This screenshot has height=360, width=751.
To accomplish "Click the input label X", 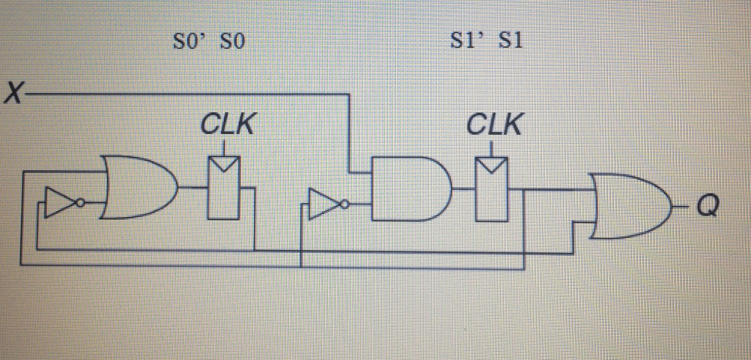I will [13, 95].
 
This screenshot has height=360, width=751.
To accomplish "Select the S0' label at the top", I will [186, 43].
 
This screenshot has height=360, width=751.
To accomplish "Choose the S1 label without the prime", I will [509, 42].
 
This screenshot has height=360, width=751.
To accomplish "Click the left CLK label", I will [227, 125].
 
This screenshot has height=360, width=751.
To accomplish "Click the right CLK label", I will [494, 125].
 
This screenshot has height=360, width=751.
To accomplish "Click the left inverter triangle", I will [59, 202].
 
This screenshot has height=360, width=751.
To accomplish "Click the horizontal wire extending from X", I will [183, 95].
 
